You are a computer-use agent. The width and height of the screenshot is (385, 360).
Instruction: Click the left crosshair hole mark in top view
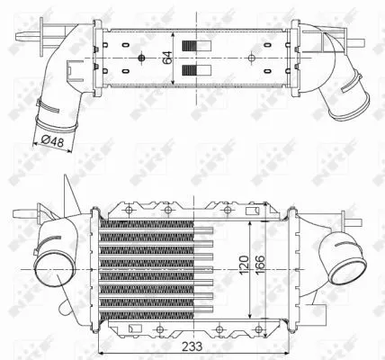pos(142,58)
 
